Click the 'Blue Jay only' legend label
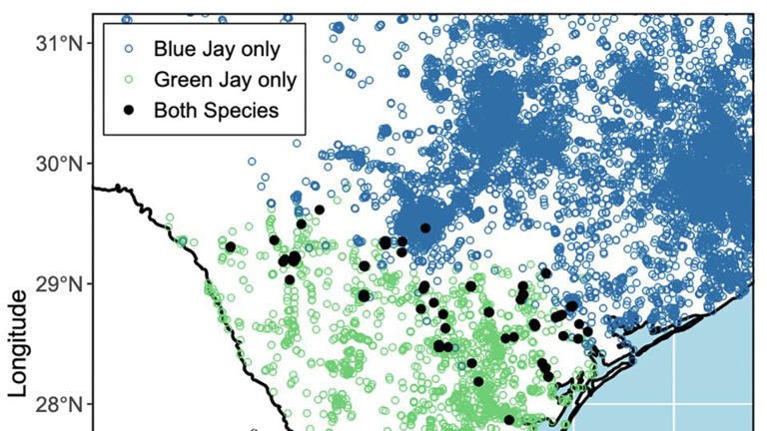216,47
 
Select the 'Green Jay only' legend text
224,78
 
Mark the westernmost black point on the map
231,246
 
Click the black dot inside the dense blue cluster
425,228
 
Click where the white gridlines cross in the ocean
673,403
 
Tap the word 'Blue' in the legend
171,47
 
